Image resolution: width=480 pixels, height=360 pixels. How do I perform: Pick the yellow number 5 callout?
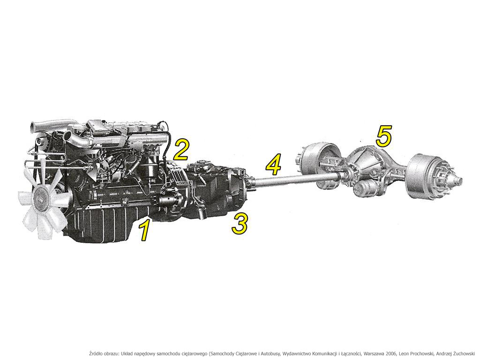pos(384,136)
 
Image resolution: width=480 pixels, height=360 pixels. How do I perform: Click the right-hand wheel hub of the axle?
pos(450,181)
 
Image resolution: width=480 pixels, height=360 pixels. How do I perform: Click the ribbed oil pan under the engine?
pos(101,225)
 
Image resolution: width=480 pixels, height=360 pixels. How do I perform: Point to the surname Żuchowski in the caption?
pos(464,353)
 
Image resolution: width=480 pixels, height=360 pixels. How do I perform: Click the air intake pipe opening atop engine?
pos(33,127)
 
